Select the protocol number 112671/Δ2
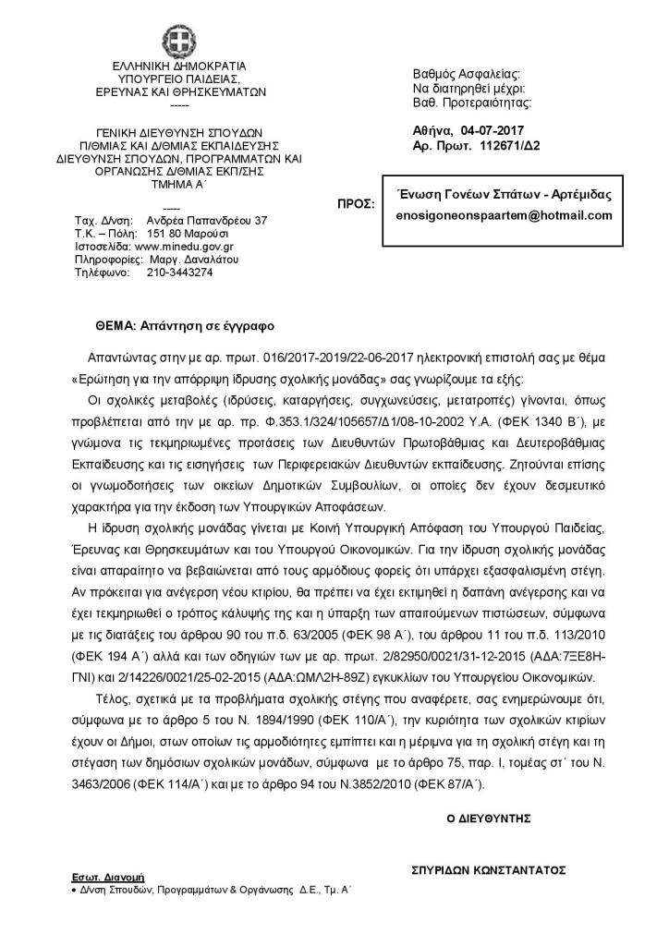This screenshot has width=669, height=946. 511,146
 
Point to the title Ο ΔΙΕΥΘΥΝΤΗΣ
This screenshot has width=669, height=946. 486,817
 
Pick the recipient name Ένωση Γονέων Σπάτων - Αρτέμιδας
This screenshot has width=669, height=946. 503,194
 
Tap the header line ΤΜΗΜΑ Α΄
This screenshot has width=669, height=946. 179,184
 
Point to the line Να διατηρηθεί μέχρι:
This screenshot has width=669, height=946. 468,88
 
